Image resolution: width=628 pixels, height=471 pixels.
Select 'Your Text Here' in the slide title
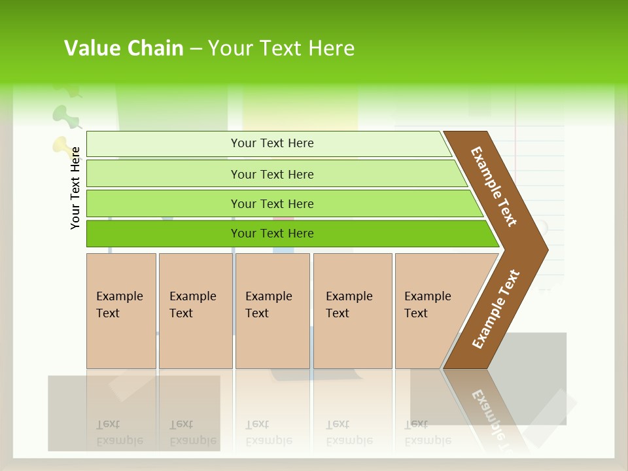coord(281,48)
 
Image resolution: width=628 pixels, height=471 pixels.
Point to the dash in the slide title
coord(196,49)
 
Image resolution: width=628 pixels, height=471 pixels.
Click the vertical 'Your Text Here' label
coord(75,188)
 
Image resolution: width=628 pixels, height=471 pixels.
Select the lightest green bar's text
coord(272,143)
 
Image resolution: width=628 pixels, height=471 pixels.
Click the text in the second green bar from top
coord(272,175)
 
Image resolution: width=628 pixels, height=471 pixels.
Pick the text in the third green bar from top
coord(272,204)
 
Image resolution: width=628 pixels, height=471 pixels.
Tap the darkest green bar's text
coord(272,234)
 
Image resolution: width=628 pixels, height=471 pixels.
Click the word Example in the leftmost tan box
coord(119,296)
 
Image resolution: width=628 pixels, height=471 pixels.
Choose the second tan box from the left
coord(196,311)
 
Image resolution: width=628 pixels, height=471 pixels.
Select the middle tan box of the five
coord(272,311)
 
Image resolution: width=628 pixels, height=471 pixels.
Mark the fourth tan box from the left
coord(353,311)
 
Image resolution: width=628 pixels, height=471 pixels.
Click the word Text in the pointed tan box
coord(416,313)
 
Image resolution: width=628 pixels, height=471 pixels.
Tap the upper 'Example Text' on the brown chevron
coord(494,186)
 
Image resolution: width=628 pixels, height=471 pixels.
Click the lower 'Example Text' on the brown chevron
coord(496,309)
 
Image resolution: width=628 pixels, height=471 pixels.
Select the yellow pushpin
coord(61,146)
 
